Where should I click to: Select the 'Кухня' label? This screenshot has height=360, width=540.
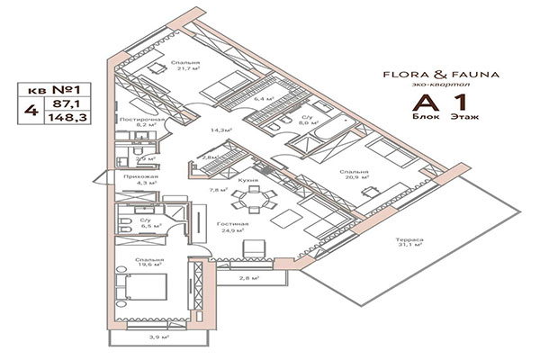(x=249, y=180)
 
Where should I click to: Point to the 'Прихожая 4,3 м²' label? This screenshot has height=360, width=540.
(x=140, y=181)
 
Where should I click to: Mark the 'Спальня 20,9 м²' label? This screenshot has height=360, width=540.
(x=353, y=174)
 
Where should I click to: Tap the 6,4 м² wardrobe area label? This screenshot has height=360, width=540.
(x=264, y=99)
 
